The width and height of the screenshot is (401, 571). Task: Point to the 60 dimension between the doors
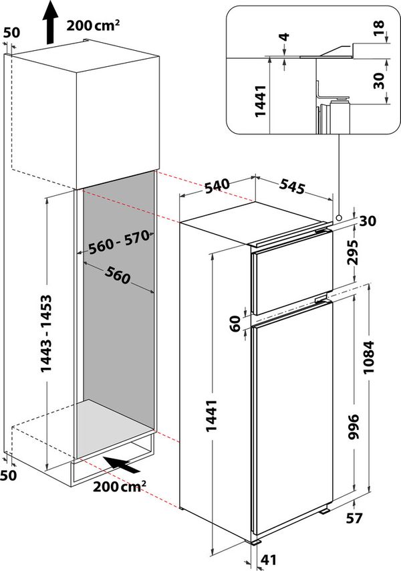[235, 324]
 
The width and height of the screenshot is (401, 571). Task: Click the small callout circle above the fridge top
[340, 217]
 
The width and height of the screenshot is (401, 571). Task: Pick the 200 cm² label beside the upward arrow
[94, 27]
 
